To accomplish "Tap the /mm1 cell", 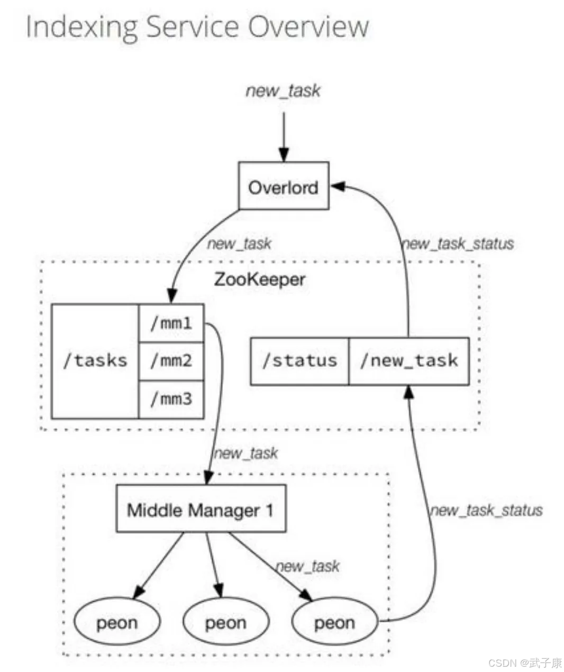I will (x=171, y=323).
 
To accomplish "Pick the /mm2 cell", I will (x=171, y=361).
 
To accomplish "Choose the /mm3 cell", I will (x=171, y=399).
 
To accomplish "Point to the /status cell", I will (x=299, y=361).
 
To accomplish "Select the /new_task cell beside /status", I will (x=408, y=361).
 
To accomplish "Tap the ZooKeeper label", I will (x=259, y=279).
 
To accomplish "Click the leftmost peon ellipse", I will (x=117, y=622).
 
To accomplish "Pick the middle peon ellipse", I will (x=226, y=622).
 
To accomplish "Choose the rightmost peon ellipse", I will (x=335, y=622).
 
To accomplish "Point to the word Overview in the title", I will (x=308, y=26).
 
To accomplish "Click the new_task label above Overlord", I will (x=283, y=90).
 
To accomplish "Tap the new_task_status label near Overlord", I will (x=458, y=243).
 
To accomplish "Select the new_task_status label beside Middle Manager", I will (x=486, y=510).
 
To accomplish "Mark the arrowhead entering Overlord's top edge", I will (x=284, y=156).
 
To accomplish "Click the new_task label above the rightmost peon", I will (x=308, y=566).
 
